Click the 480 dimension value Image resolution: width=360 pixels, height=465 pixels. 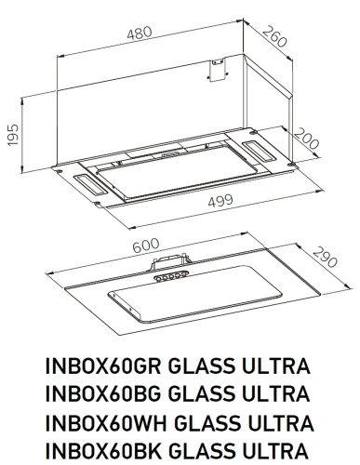tap(140, 33)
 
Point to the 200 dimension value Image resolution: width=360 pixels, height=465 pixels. tap(305, 141)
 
